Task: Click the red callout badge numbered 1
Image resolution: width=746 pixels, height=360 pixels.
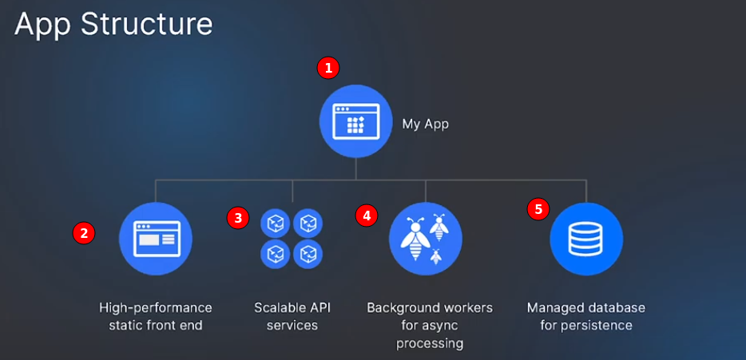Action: [327, 68]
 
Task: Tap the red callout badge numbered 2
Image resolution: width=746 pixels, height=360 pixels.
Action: [84, 232]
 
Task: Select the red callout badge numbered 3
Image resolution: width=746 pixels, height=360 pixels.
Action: [237, 216]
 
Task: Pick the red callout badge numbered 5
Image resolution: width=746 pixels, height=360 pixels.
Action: [538, 209]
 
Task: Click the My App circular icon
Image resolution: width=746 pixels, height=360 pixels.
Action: [355, 121]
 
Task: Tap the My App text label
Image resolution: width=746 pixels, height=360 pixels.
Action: [424, 124]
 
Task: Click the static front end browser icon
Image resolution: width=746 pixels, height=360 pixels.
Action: [156, 238]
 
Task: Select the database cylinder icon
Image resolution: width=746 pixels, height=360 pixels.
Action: [586, 239]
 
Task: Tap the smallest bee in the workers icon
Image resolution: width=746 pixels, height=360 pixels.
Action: [436, 256]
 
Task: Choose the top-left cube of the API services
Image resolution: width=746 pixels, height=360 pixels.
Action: [276, 223]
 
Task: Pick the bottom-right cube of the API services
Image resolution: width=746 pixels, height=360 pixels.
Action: [308, 254]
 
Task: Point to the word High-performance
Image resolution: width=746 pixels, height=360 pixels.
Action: [156, 307]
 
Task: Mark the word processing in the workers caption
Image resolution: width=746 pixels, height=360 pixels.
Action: [430, 343]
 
